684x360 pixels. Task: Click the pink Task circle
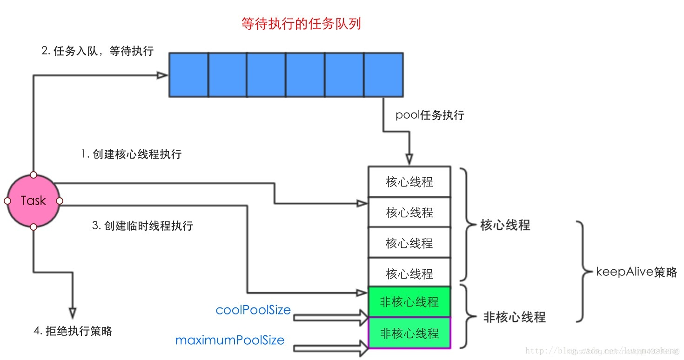[x=33, y=201]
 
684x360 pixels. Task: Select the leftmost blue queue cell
[x=188, y=74]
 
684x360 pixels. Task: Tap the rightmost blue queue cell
[x=383, y=74]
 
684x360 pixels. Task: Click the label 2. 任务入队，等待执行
[x=98, y=51]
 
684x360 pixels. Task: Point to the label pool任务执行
[x=429, y=115]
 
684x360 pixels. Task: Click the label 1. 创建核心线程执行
[x=131, y=154]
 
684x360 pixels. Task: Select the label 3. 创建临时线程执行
[x=142, y=226]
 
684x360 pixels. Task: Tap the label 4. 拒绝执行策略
[x=73, y=331]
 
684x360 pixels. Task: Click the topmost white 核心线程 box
[x=409, y=182]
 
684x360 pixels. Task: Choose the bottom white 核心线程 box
[x=409, y=273]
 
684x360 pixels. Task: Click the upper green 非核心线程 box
[x=409, y=302]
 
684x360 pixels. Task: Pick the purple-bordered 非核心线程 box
[x=409, y=333]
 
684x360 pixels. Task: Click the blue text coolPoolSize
[x=253, y=310]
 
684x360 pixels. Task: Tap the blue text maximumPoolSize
[x=230, y=340]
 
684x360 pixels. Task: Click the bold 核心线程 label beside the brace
[x=505, y=226]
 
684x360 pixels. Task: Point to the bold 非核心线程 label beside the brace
[x=514, y=318]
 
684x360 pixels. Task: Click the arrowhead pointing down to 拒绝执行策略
[x=72, y=312]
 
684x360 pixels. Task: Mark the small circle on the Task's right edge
[x=60, y=201]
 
